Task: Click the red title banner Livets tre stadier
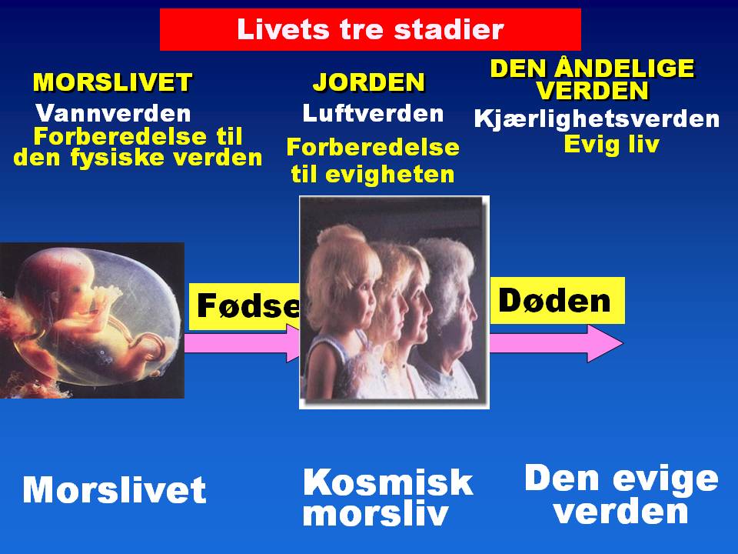click(x=370, y=29)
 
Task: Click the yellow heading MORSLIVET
click(x=112, y=82)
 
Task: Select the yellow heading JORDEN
click(x=369, y=82)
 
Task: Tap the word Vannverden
click(x=113, y=114)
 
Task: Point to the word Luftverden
click(x=373, y=114)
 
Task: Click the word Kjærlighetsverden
click(x=597, y=119)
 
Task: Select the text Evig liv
click(x=611, y=145)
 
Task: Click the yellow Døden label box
click(x=556, y=300)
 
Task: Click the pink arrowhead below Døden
click(x=604, y=343)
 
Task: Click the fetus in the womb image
click(x=85, y=315)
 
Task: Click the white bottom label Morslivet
click(x=115, y=490)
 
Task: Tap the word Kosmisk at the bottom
click(x=387, y=482)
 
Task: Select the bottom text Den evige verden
click(x=621, y=495)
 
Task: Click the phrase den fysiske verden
click(x=138, y=158)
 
